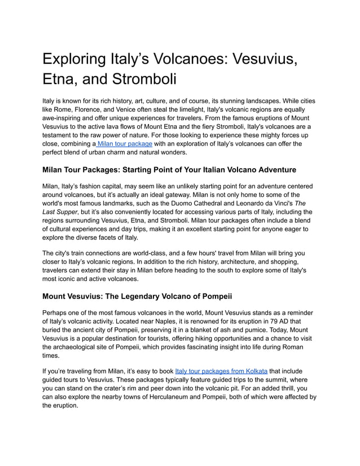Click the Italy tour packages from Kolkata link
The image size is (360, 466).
point(222,371)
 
